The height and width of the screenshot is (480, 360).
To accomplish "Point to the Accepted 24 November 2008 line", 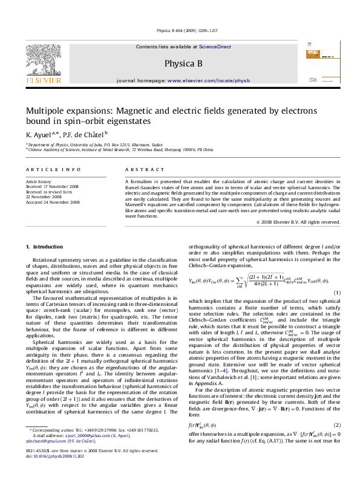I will [53, 203].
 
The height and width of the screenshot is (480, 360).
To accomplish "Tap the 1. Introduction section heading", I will [44, 247].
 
